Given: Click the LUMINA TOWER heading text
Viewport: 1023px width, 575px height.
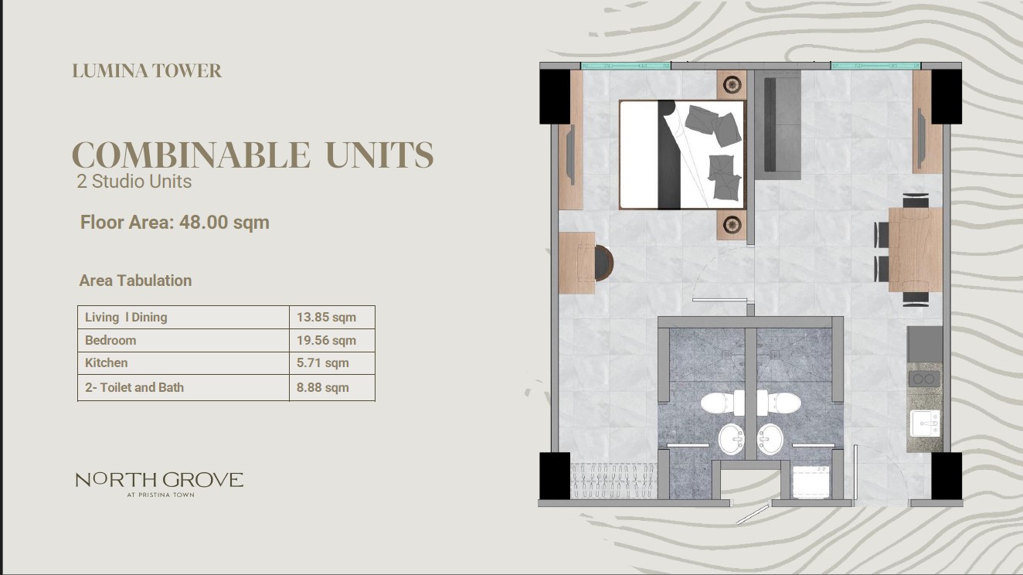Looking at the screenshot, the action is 147,71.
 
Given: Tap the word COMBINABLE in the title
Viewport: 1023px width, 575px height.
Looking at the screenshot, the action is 191,155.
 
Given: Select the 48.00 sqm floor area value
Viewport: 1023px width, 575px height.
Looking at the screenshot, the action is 224,223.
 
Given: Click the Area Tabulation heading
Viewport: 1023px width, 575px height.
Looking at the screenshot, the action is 135,281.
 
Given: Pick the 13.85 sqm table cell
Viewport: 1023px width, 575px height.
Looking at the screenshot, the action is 326,317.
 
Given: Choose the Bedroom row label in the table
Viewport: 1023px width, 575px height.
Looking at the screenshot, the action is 110,340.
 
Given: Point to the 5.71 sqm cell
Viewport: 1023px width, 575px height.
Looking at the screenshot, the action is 322,363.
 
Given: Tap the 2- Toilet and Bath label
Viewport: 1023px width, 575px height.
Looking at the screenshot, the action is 134,387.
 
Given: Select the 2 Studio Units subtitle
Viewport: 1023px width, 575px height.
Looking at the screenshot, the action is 134,182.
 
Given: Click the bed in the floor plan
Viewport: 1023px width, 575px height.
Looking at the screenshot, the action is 681,155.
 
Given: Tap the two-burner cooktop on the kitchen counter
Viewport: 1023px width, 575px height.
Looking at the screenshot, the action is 924,379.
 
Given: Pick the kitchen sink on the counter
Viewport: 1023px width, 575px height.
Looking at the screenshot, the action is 925,424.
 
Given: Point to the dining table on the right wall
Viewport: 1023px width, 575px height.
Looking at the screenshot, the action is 916,250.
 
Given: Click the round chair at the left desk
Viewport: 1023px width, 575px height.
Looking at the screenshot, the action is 603,263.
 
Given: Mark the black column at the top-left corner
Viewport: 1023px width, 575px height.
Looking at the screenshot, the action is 555,97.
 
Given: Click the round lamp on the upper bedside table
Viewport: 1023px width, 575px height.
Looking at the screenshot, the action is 732,84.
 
